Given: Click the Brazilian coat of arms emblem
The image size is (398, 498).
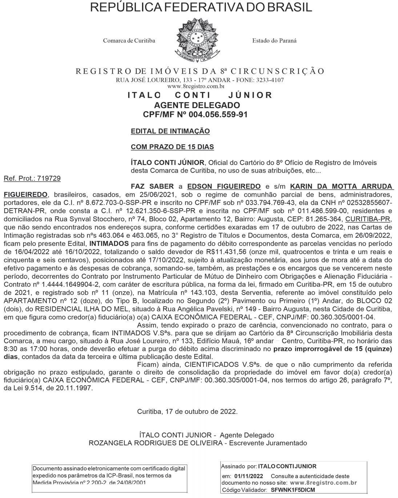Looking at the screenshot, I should tap(198, 41).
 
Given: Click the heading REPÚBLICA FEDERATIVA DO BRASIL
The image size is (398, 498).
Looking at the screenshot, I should tap(201, 7).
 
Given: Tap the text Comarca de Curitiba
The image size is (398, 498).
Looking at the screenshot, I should tap(129, 41).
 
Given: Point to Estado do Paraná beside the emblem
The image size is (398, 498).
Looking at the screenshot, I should tap(274, 41).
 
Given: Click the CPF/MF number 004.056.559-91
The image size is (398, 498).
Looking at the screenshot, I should tap(216, 114).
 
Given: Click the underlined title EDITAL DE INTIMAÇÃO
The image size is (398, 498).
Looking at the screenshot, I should tap(170, 131).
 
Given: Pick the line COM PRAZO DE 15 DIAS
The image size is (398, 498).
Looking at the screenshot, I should tap(172, 147).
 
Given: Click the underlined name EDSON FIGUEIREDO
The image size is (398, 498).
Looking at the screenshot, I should tap(224, 187).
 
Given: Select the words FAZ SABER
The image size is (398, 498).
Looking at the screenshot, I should tap(152, 187).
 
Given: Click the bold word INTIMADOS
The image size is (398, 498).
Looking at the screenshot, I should tap(109, 243).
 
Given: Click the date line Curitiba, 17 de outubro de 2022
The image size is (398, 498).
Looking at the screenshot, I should tap(187, 412).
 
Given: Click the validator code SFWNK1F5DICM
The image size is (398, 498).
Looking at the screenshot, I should tap(293, 490).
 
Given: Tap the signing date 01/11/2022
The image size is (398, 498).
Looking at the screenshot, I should tap(249, 476).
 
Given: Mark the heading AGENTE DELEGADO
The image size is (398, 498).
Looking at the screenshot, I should tap(197, 105).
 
